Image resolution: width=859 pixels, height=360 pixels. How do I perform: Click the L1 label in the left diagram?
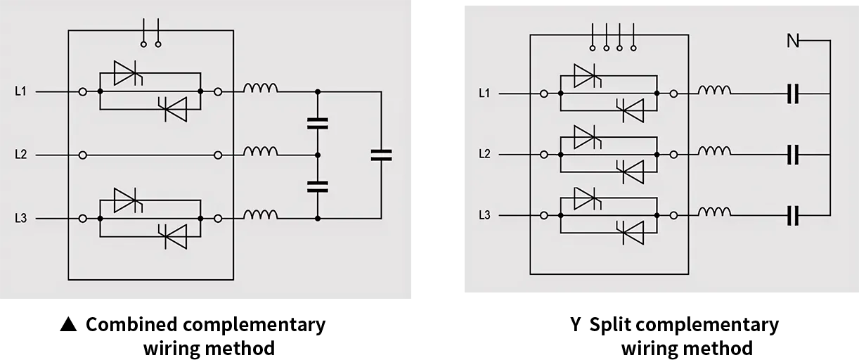(20, 91)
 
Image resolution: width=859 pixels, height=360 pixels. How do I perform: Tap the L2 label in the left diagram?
(20, 155)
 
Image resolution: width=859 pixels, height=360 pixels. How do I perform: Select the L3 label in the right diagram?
(485, 215)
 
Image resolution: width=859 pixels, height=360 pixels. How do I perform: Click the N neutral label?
(793, 41)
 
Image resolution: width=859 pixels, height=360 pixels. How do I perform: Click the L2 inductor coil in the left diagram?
(261, 151)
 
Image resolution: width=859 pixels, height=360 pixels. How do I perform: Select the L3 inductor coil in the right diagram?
(714, 212)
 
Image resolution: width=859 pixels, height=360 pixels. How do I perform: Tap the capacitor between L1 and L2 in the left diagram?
(318, 124)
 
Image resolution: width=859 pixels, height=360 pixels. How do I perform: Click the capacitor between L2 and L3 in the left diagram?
(318, 187)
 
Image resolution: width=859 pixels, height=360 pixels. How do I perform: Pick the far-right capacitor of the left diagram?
(381, 155)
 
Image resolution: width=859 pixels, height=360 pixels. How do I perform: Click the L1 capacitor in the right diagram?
(793, 94)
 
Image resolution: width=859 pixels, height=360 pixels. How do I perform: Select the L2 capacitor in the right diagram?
(793, 155)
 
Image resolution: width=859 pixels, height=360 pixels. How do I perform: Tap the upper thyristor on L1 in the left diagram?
(128, 73)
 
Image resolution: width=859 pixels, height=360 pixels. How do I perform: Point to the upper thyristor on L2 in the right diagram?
(588, 137)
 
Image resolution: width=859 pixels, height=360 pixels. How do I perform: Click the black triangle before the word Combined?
(69, 324)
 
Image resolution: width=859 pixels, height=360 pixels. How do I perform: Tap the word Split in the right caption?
(609, 325)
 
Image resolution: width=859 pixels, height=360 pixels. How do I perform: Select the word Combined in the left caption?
(132, 324)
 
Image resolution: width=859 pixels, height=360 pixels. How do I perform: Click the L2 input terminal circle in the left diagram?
(82, 155)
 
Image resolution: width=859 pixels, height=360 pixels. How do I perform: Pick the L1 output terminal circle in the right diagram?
(673, 94)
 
